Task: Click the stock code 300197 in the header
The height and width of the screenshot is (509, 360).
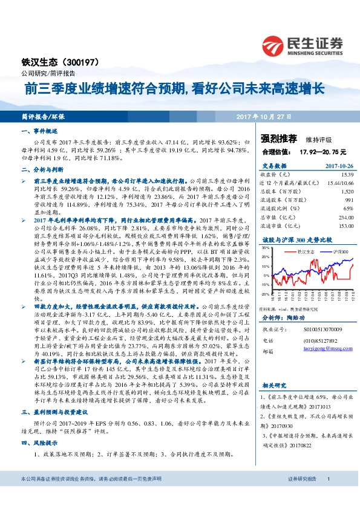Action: click(x=88, y=62)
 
